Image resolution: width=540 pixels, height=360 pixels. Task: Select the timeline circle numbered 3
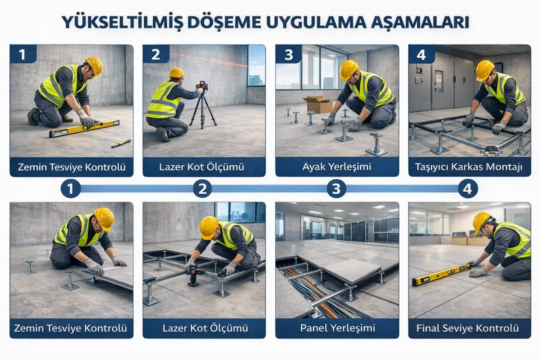pyautogui.click(x=336, y=188)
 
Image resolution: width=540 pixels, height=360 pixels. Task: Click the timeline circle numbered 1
pyautogui.click(x=70, y=188)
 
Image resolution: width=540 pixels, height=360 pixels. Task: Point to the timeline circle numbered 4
pyautogui.click(x=468, y=188)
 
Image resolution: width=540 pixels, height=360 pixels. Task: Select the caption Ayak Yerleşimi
pyautogui.click(x=337, y=167)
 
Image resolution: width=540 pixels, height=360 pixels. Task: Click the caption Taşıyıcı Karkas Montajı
pyautogui.click(x=469, y=167)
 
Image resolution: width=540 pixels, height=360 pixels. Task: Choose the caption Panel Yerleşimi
pyautogui.click(x=337, y=328)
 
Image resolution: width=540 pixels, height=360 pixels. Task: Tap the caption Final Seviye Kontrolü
pyautogui.click(x=469, y=328)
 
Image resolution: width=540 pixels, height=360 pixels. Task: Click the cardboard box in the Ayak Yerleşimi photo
pyautogui.click(x=318, y=104)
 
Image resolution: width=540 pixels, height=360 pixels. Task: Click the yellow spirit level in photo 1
pyautogui.click(x=84, y=128)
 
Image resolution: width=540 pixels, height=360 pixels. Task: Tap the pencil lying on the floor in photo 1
pyautogui.click(x=121, y=143)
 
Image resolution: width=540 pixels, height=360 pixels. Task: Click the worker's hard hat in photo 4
pyautogui.click(x=484, y=70)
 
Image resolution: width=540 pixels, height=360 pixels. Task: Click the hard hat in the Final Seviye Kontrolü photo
pyautogui.click(x=482, y=220)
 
